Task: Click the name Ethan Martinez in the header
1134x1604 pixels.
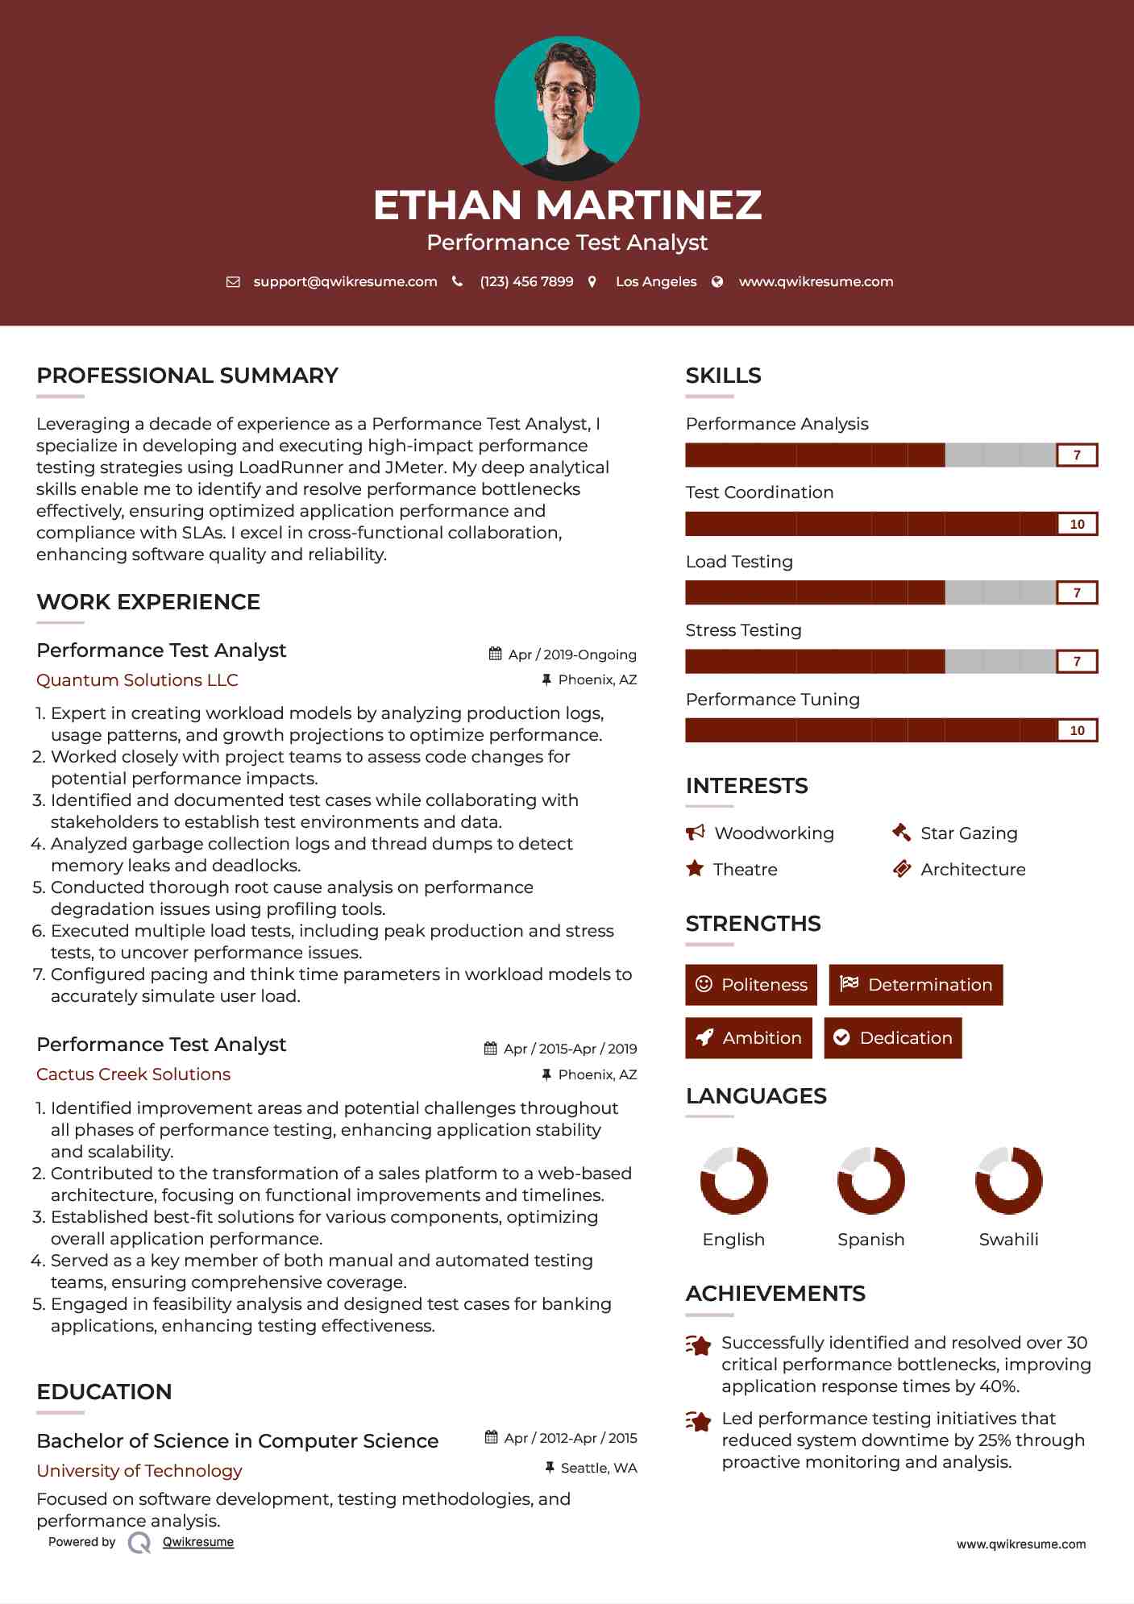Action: [567, 205]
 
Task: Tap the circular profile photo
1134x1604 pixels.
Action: [567, 108]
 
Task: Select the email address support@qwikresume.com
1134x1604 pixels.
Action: [345, 281]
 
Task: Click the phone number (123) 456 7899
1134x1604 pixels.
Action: [526, 281]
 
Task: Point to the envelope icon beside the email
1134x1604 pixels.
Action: [233, 282]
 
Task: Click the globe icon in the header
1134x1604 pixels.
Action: [717, 281]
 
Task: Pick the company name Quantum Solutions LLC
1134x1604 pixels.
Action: [137, 680]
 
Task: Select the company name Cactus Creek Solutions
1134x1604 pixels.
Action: [133, 1074]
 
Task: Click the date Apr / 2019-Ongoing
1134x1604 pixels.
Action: [571, 654]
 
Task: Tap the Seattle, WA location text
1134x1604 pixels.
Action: [598, 1468]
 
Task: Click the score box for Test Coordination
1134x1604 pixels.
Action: [1077, 524]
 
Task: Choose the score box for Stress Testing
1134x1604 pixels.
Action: [1077, 662]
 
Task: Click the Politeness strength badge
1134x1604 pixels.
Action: [751, 984]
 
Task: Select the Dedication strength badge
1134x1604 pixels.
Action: [893, 1037]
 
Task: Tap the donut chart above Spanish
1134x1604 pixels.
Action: [871, 1181]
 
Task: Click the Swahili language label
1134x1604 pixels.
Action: [1008, 1240]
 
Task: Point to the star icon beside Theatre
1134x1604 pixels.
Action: [695, 869]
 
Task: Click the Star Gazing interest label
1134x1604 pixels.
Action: [969, 833]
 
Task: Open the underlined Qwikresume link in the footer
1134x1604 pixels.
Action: [198, 1542]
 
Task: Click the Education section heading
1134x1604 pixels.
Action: [104, 1392]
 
